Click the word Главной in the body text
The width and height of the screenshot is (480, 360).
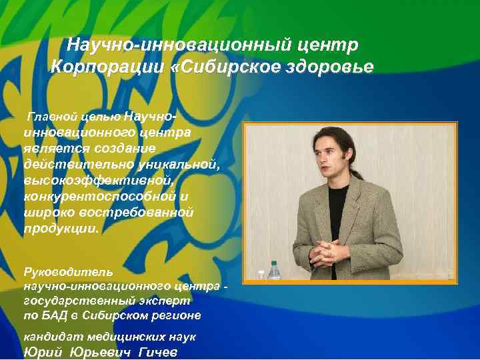click(49, 117)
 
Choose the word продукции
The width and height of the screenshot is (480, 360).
click(61, 228)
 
